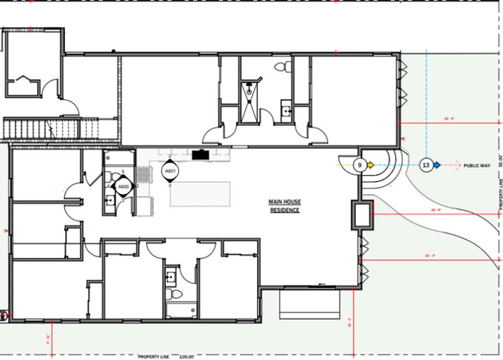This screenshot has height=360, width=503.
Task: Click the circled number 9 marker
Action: pos(359,165)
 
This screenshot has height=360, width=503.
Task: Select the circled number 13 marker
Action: pos(426,165)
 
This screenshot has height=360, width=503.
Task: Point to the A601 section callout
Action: pos(169,171)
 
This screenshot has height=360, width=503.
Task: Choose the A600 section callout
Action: pos(121,187)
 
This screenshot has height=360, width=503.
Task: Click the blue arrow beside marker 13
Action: pos(438,165)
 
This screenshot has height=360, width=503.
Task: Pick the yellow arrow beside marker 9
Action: pos(371,165)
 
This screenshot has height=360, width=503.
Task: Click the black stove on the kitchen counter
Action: pos(201,154)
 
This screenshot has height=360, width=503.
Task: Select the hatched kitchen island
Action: pos(200,194)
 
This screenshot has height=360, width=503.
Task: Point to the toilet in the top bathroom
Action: pos(284,70)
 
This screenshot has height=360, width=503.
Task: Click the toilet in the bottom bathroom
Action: pos(175,297)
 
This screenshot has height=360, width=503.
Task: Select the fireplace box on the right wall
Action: pos(362,214)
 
